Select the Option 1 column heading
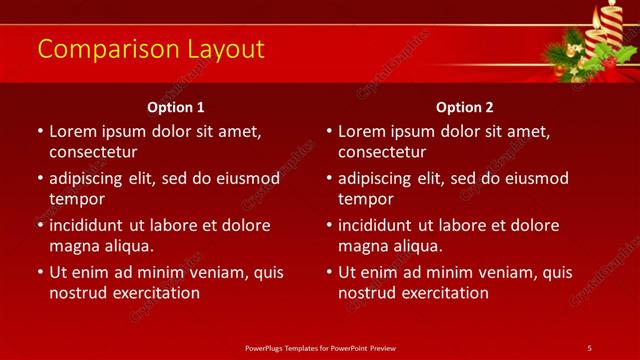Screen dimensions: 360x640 176,107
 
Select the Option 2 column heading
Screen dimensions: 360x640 465,107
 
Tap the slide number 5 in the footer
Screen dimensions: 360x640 589,347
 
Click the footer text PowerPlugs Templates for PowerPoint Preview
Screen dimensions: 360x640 320,347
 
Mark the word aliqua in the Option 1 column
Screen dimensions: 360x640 127,246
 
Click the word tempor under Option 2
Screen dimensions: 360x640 365,199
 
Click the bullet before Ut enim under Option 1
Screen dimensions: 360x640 39,272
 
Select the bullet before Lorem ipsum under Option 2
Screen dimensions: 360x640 328,131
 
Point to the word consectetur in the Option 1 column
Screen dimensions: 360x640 92,152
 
